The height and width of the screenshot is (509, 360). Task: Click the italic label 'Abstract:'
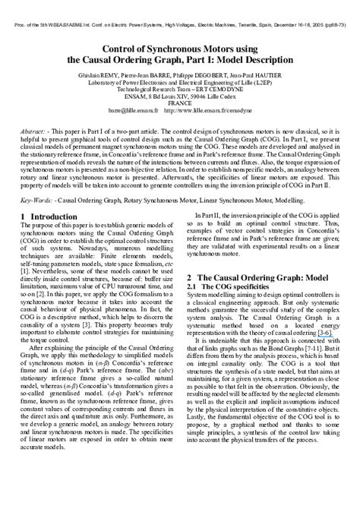click(x=36, y=131)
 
